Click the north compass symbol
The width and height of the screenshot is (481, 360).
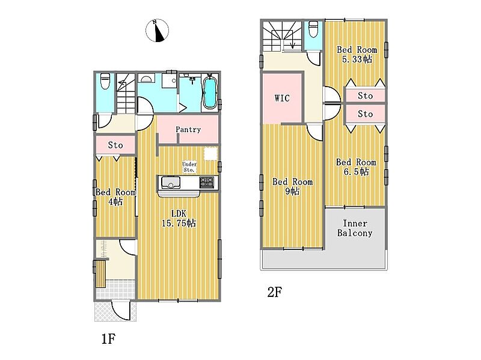[x=157, y=30]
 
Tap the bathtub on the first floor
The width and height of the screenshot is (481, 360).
[x=209, y=91]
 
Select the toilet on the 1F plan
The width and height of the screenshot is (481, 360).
[x=105, y=81]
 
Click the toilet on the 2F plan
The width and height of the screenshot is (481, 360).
[x=312, y=29]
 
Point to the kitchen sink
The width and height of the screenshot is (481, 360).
[x=169, y=182]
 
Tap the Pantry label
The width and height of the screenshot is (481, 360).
[x=188, y=130]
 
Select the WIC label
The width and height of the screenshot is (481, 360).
[x=282, y=98]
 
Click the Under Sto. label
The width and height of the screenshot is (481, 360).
[x=189, y=167]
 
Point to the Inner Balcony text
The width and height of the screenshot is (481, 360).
[x=355, y=228]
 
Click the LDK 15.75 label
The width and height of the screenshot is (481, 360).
[x=179, y=218]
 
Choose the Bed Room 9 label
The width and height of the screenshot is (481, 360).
[x=292, y=186]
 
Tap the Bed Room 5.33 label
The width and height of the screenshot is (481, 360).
[x=357, y=54]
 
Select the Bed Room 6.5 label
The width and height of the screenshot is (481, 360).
[x=356, y=167]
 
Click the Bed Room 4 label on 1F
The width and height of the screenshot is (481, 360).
[x=115, y=197]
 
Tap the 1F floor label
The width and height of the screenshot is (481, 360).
[x=108, y=339]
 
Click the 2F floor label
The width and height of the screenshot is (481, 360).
[x=274, y=292]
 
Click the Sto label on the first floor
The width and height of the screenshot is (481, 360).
[x=115, y=145]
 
